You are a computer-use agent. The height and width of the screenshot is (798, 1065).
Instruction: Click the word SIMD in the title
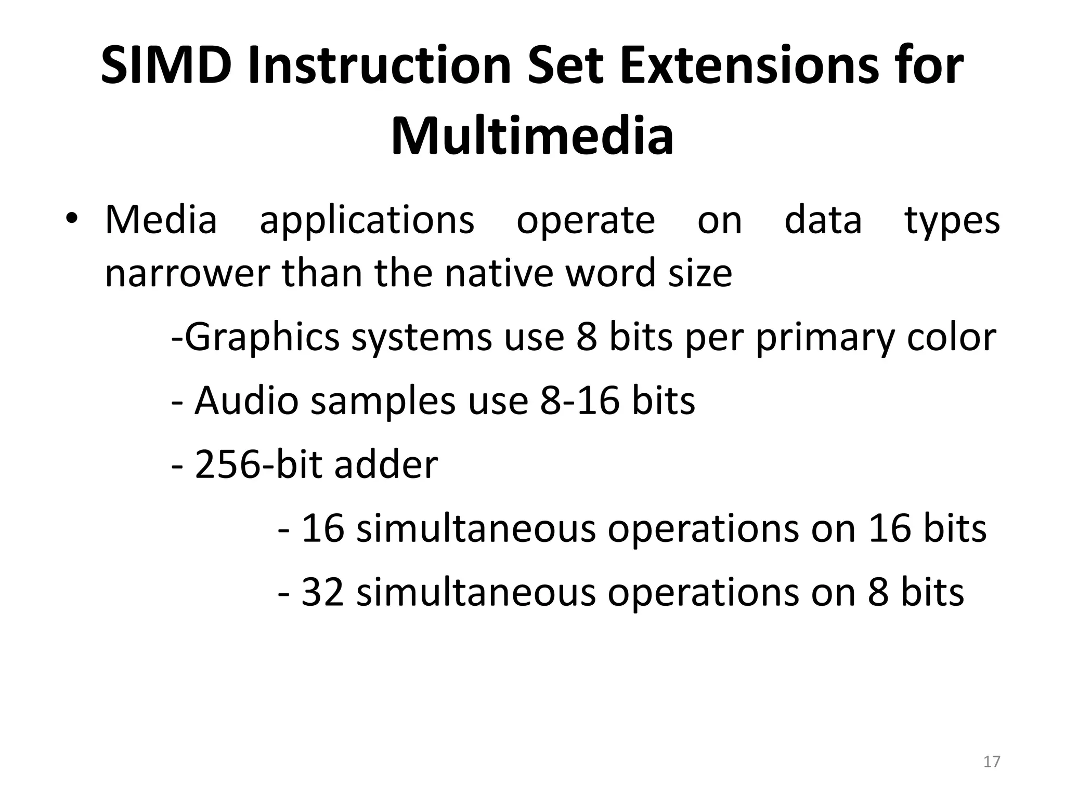[166, 66]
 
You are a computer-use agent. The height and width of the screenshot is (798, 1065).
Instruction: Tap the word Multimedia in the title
[532, 137]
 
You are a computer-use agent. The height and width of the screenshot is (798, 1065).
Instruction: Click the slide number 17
[992, 762]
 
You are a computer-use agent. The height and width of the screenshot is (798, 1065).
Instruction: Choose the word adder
[386, 464]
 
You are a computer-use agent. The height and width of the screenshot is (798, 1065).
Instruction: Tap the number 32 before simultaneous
[322, 592]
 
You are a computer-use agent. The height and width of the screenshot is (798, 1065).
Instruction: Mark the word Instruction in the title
[380, 66]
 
